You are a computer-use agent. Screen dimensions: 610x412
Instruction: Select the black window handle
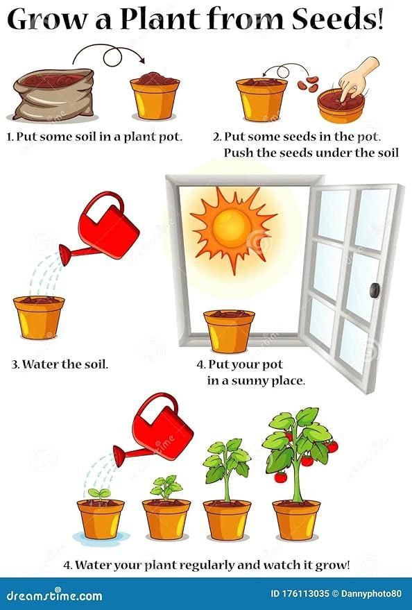pyautogui.click(x=375, y=289)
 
